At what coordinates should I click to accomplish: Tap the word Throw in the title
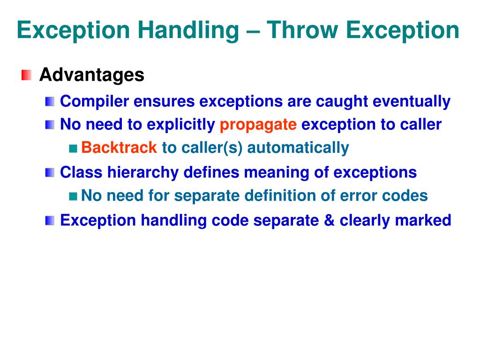tap(297, 31)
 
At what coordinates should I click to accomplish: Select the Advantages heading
tap(91, 75)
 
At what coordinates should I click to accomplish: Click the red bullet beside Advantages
tap(27, 75)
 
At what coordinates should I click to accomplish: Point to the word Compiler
tap(94, 101)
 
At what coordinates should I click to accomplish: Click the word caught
tap(342, 101)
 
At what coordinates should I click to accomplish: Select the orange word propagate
tap(258, 125)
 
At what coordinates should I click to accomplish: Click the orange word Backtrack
tap(119, 148)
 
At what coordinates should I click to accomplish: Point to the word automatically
tap(298, 148)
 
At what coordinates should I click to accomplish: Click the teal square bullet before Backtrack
tap(73, 149)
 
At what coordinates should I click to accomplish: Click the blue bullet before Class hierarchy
tap(50, 172)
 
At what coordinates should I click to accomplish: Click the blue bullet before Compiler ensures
tap(50, 101)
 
